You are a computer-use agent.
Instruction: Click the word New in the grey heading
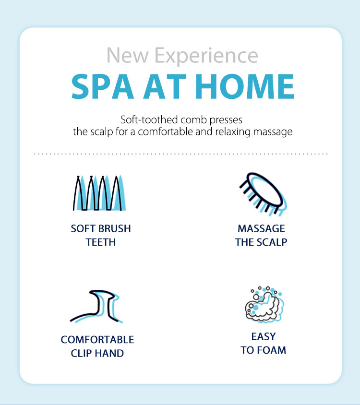point(127,56)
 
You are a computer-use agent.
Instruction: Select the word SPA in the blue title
point(103,86)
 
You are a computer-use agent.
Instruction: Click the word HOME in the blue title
point(244,86)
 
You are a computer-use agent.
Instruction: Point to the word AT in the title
point(165,86)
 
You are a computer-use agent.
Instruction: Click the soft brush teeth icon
point(99,193)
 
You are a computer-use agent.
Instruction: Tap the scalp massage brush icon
point(263,194)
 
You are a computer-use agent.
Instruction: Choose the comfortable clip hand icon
point(96,306)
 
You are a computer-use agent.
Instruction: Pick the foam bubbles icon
point(264,304)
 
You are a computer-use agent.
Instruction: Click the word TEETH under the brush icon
point(101,242)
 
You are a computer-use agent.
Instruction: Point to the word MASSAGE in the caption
point(261,228)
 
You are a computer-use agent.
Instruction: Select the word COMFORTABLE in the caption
point(97,340)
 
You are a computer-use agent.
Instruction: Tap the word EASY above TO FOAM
point(264,336)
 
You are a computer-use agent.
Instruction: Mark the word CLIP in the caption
point(81,353)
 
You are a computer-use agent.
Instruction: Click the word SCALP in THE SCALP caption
point(272,242)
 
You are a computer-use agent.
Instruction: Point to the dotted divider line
point(181,154)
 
